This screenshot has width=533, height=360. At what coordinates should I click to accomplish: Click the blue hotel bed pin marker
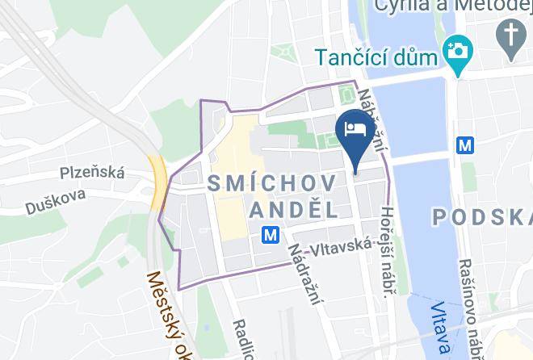pos(355,132)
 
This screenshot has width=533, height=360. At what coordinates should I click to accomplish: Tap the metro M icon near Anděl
pos(271,235)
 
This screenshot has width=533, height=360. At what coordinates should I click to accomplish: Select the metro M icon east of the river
pos(465,146)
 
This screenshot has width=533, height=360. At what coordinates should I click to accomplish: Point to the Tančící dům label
pos(376,58)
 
